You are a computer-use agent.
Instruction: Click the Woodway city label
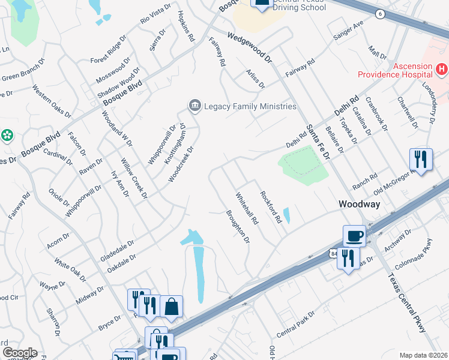pos(359,204)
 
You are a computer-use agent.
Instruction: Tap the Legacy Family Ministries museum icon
pos(194,106)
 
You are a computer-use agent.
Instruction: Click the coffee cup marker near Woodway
pos(354,236)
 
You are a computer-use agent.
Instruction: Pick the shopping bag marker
pos(172,307)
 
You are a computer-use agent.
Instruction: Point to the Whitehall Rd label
pos(247,208)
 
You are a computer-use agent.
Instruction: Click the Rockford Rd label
pos(271,207)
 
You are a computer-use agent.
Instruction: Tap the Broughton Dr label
pos(238,226)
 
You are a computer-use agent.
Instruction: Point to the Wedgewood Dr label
pos(250,48)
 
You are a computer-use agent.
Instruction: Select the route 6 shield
pos(381,14)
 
